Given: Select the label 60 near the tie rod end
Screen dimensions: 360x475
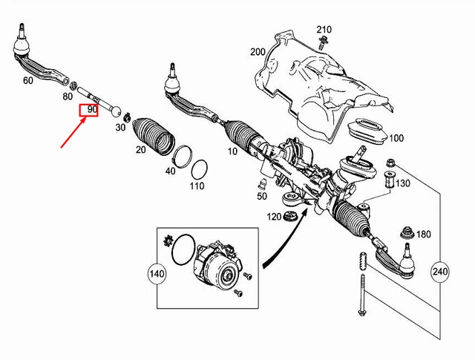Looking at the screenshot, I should (28, 79).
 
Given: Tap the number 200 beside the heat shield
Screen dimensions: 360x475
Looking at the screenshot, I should (258, 51).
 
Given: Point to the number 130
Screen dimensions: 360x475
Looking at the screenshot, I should (402, 183).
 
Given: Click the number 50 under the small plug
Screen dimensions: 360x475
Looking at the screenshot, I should (261, 196).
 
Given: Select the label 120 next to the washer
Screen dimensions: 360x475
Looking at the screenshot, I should (275, 217).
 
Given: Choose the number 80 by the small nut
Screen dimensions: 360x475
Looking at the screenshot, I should (68, 95).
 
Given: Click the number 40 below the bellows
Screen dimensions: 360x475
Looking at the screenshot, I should (171, 171).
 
